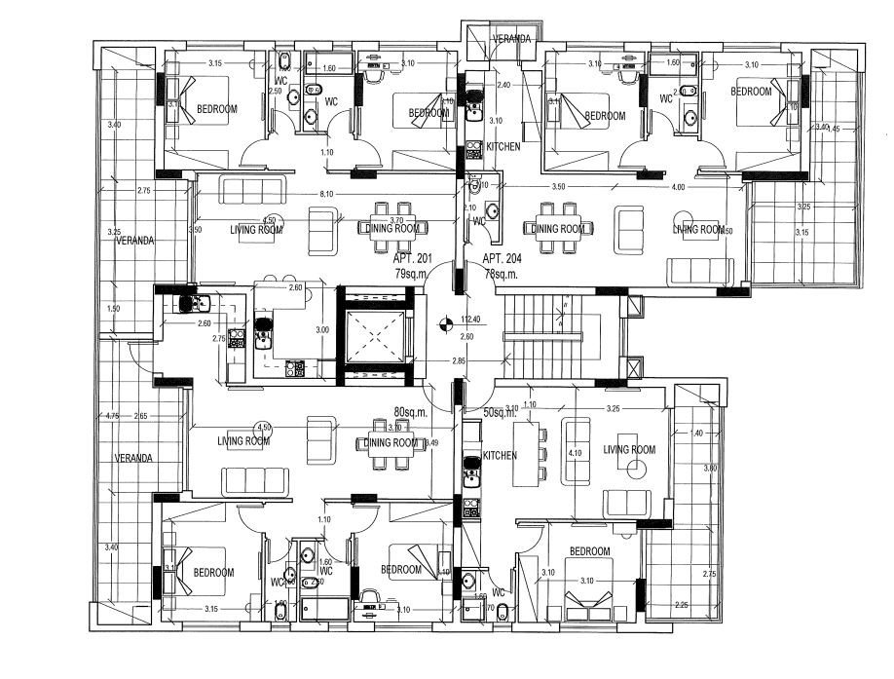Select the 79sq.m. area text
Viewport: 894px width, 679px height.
(x=415, y=274)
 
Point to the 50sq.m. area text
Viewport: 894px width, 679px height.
(x=500, y=412)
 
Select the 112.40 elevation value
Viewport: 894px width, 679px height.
(x=471, y=320)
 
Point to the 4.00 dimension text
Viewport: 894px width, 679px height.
(x=678, y=186)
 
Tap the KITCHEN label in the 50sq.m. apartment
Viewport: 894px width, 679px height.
(x=501, y=455)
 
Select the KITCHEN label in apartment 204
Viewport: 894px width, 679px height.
(x=503, y=146)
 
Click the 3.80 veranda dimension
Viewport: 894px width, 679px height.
(x=710, y=469)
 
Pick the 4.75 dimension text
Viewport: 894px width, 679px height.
(x=112, y=417)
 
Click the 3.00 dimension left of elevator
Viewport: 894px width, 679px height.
(x=323, y=330)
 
